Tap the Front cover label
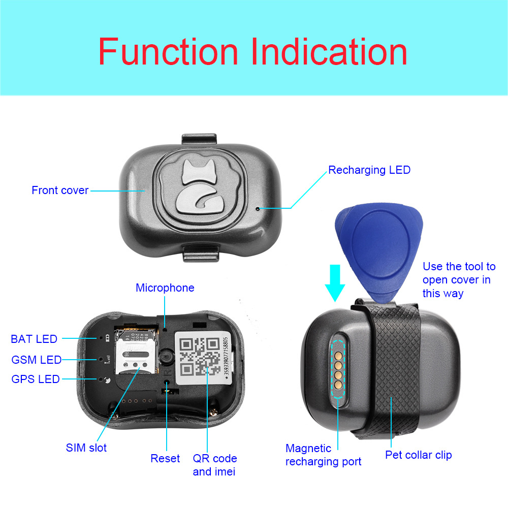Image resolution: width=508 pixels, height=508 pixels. (60, 190)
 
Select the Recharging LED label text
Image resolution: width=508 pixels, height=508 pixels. (369, 170)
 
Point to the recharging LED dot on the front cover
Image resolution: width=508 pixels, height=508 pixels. (258, 208)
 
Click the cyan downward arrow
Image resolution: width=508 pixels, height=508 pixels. (335, 282)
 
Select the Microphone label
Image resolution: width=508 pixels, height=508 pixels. (165, 288)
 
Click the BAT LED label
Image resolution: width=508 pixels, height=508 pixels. (34, 339)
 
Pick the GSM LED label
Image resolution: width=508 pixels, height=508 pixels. (37, 360)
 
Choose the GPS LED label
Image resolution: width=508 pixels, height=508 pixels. (36, 379)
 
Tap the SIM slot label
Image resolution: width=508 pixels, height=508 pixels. (86, 448)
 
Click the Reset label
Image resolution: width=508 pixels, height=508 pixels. (165, 458)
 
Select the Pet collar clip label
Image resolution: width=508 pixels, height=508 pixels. (418, 455)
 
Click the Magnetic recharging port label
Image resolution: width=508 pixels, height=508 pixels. (323, 455)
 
